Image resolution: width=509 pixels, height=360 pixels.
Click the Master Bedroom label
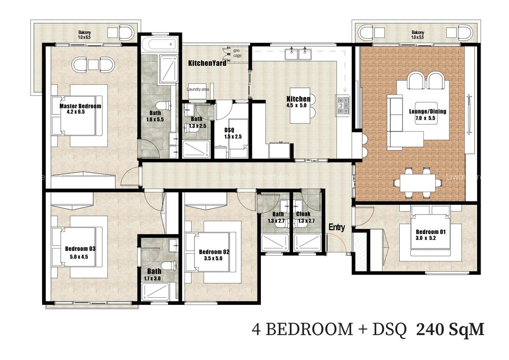pyautogui.click(x=80, y=106)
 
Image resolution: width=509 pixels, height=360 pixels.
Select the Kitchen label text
pyautogui.click(x=298, y=99)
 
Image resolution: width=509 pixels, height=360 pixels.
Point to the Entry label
pyautogui.click(x=337, y=227)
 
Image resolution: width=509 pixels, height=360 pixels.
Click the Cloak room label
pyautogui.click(x=303, y=214)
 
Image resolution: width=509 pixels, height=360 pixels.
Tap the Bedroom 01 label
pyautogui.click(x=431, y=232)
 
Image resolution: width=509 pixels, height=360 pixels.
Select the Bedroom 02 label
pyautogui.click(x=214, y=252)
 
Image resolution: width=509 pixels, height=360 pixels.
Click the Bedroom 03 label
pyautogui.click(x=80, y=248)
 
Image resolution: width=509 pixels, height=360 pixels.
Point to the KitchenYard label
pyautogui.click(x=207, y=63)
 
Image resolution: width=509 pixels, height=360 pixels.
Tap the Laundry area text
pyautogui.click(x=199, y=89)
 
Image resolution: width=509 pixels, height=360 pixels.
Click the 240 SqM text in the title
pyautogui.click(x=450, y=329)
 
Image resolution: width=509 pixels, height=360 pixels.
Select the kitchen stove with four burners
pyautogui.click(x=343, y=106)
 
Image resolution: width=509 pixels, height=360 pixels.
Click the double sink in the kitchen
pyautogui.click(x=299, y=53)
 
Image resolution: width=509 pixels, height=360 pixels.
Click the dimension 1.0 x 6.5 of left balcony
pyautogui.click(x=84, y=37)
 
